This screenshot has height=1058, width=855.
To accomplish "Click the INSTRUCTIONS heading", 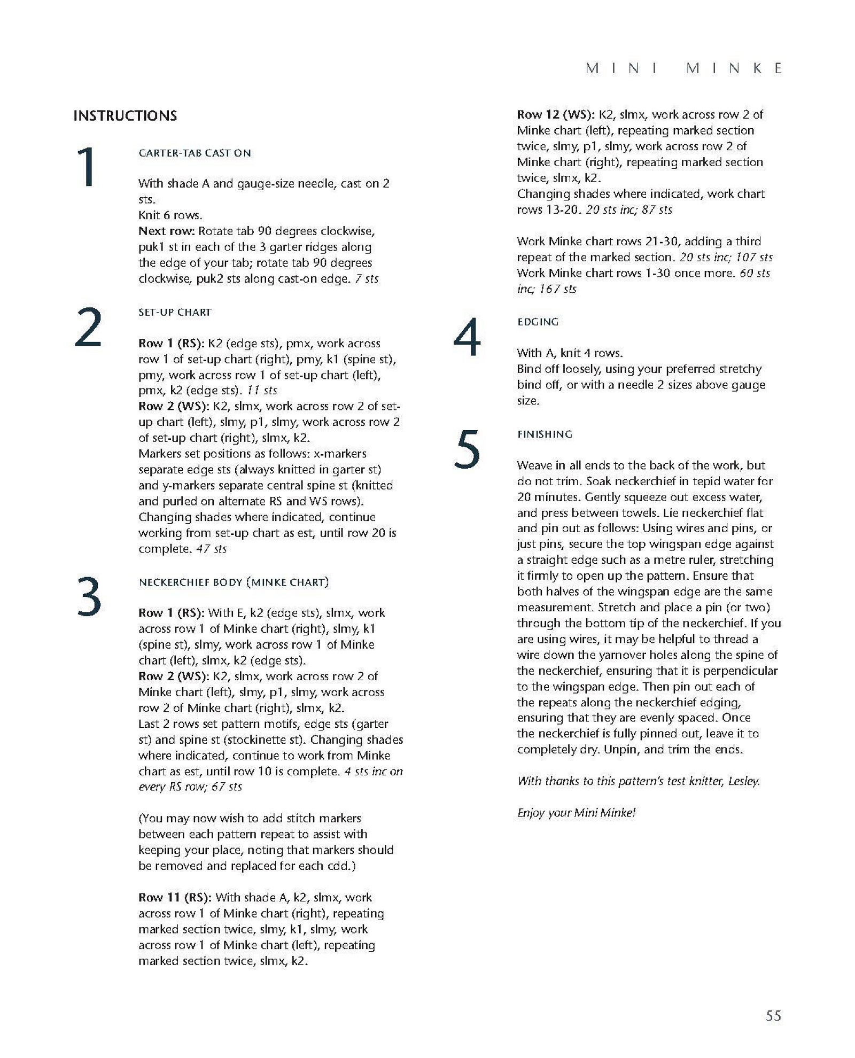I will pos(125,116).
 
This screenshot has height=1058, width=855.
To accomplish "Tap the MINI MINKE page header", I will pos(684,68).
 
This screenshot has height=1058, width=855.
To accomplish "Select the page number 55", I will pos(773,1015).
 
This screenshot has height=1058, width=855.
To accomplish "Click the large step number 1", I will pos(87,167).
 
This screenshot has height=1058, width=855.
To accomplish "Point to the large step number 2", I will pos(88,327).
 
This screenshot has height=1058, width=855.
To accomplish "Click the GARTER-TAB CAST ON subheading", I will pos(195,153).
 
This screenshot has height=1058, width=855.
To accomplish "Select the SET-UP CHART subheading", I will pos(175,313).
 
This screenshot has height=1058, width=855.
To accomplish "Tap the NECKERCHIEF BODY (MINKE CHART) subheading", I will pos(234,582).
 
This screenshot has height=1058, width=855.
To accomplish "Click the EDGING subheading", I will pos(538,322).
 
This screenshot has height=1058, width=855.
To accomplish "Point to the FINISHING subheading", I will pos(545,434).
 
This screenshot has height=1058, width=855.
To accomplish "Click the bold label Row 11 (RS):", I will pos(175,898).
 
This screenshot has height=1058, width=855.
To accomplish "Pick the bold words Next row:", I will pos(166,231).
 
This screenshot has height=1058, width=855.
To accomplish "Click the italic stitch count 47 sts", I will pos(211,549).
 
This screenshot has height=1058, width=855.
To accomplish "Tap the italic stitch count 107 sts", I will pos(753,258).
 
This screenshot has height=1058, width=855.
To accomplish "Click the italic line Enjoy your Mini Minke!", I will pos(576,813).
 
